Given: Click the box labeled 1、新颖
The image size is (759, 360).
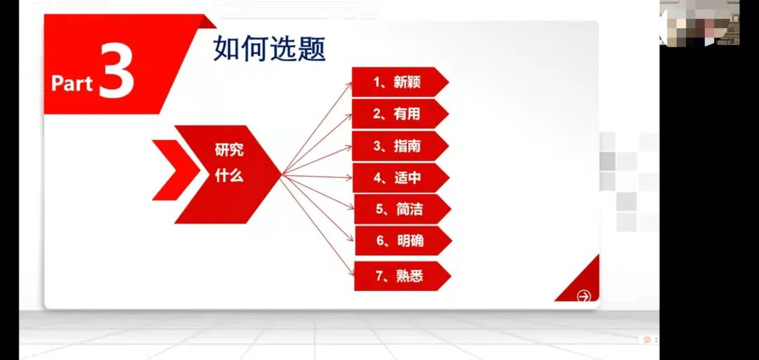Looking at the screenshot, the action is click(x=400, y=82).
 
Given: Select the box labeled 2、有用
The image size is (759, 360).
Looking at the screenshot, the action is click(x=400, y=114).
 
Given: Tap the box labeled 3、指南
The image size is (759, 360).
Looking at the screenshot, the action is click(x=400, y=146).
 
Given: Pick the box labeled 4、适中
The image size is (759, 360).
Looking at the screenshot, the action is click(x=401, y=178).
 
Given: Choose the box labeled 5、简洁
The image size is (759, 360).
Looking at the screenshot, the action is click(x=402, y=210).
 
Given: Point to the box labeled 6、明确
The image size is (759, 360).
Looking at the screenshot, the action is click(x=403, y=240).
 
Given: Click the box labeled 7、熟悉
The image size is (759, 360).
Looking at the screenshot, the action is click(x=402, y=276).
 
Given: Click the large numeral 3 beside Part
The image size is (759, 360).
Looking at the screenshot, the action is click(x=117, y=71).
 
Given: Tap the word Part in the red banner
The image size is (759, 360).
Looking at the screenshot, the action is click(x=72, y=84).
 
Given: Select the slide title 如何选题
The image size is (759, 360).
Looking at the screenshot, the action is click(x=270, y=49).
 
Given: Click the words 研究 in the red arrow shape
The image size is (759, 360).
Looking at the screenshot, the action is click(x=229, y=150).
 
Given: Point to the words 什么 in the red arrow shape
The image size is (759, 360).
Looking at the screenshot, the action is click(x=229, y=176).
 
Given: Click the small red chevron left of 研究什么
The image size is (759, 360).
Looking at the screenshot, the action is click(x=176, y=169).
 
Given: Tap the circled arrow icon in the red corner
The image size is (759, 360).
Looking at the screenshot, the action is click(x=584, y=297).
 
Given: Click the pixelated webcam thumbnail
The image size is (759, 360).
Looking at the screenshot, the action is click(x=699, y=22).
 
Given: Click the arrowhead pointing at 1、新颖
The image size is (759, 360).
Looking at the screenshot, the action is click(x=349, y=84).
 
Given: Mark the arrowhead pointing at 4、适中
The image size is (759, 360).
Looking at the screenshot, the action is click(x=350, y=177).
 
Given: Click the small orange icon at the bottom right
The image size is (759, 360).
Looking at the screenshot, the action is click(x=647, y=340).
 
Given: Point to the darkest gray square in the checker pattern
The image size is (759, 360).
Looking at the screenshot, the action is click(x=607, y=162).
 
